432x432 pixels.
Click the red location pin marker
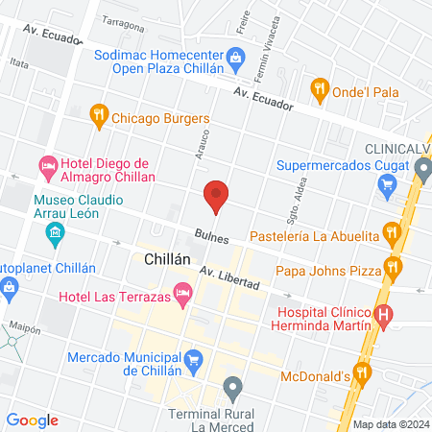tap(216, 196)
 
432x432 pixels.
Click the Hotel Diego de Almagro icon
tap(49, 169)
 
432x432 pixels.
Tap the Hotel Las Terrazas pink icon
tap(182, 291)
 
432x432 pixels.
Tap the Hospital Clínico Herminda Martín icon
tap(383, 313)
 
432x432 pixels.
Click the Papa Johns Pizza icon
tap(391, 266)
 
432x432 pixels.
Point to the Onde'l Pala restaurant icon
tap(320, 91)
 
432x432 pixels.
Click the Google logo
tap(33, 420)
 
